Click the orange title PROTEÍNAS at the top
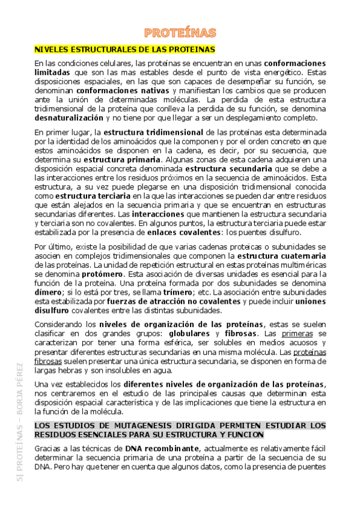[x=180, y=32]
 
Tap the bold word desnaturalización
[x=69, y=118]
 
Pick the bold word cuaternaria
[x=304, y=256]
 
